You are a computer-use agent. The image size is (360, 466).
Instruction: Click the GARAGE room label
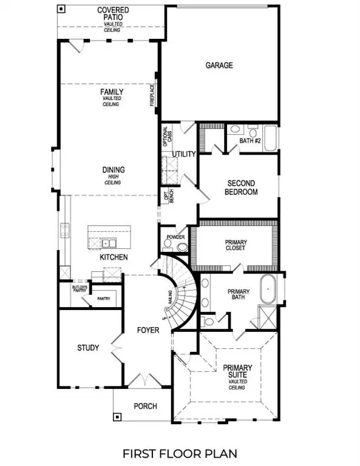tap(219, 66)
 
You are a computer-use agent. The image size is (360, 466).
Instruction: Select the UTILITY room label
tap(184, 154)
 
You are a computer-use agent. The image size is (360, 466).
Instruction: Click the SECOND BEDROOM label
tap(241, 187)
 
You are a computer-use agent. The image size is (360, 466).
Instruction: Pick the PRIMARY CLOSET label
tap(236, 245)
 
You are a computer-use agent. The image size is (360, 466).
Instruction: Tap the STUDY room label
tap(89, 348)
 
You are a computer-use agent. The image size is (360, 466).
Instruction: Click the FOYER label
tap(148, 330)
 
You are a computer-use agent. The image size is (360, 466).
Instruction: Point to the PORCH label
tap(145, 406)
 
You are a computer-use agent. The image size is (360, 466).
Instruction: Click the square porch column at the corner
tap(117, 417)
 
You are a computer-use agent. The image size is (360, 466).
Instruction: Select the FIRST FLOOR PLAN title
tap(180, 453)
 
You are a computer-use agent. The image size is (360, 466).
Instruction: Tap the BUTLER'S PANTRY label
tap(80, 289)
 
